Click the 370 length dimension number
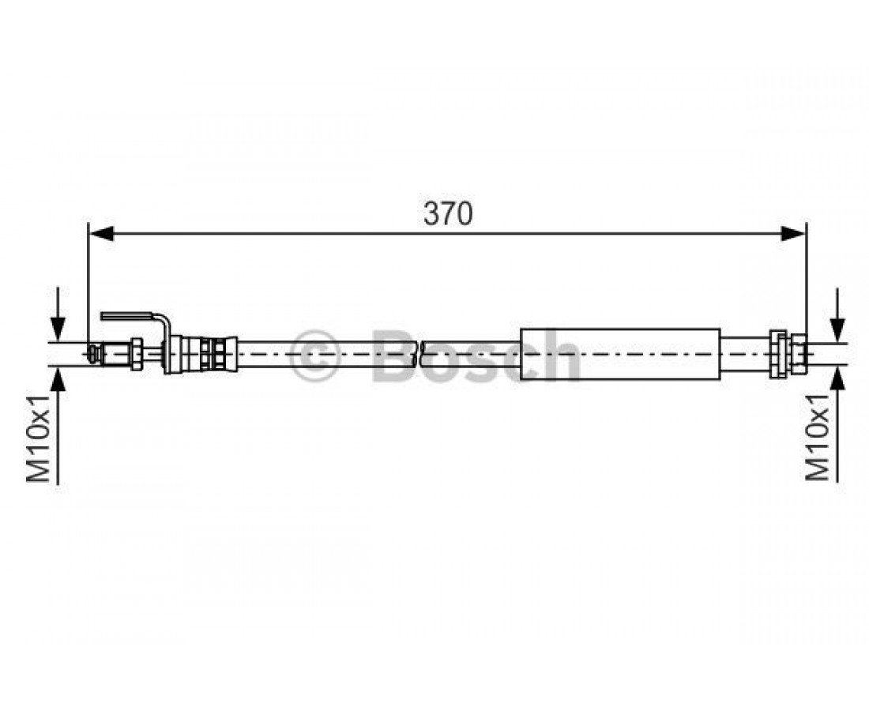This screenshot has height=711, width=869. (448, 213)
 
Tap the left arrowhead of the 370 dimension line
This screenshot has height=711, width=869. (102, 234)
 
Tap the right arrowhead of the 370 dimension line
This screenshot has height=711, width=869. (792, 234)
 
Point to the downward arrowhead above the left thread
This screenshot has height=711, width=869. (58, 329)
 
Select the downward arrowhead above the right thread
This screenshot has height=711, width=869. (839, 329)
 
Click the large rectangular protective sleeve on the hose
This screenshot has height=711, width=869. (620, 354)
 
